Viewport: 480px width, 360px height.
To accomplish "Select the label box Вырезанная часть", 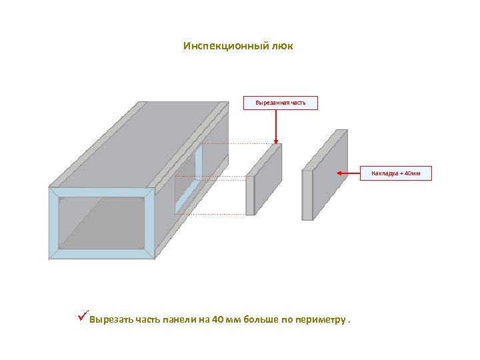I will [280, 103].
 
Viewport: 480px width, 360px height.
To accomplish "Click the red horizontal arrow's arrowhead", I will [340, 173].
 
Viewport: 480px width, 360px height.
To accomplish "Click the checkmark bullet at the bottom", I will [82, 315].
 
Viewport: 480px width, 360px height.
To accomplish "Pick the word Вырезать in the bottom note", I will [111, 319].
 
